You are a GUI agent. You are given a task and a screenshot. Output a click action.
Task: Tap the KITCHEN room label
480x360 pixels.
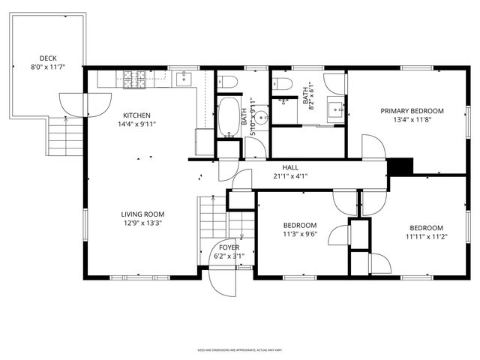(x=136, y=115)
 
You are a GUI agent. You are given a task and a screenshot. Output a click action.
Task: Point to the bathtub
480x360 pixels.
(x=227, y=116)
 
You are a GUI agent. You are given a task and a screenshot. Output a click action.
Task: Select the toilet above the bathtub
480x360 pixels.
(x=229, y=81)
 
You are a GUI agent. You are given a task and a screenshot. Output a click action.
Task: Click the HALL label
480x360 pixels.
(x=291, y=167)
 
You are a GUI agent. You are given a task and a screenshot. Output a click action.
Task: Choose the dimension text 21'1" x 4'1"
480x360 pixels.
(x=291, y=176)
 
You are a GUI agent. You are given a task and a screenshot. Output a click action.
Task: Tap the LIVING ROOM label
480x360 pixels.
(x=142, y=214)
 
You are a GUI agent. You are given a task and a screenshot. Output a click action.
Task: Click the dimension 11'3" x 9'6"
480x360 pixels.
(x=299, y=234)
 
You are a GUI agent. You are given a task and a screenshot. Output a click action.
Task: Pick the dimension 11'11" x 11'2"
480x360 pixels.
(x=425, y=236)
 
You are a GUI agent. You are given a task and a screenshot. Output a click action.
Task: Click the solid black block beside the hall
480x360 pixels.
(x=401, y=166)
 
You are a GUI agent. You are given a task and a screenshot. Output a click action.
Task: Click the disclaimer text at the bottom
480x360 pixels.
(x=239, y=350)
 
